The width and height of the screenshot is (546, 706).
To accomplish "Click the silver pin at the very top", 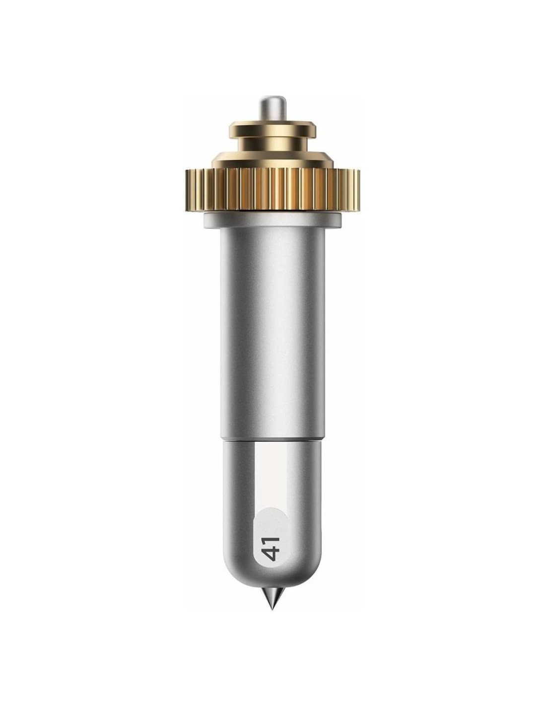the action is (273, 109).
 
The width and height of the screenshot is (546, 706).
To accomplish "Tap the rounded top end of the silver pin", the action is (273, 97).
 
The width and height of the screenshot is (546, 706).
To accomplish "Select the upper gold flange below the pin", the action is (273, 129).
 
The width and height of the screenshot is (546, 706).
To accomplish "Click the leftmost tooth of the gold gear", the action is (188, 191).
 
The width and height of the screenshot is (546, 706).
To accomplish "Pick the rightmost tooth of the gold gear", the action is (357, 191).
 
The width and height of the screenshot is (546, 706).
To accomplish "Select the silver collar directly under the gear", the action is (273, 220).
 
